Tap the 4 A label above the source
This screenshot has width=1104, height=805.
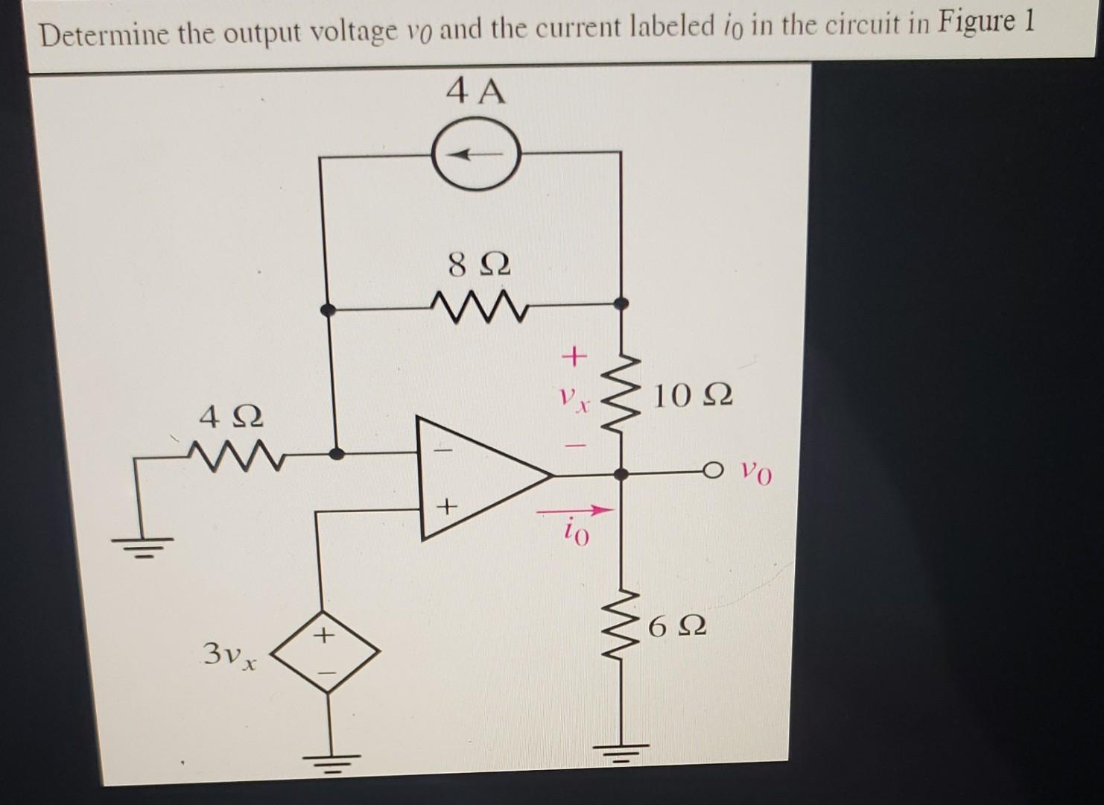476,92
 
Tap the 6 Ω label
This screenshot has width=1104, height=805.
677,628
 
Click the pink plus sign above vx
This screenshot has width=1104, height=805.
574,357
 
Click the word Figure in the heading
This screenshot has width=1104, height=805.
974,24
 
